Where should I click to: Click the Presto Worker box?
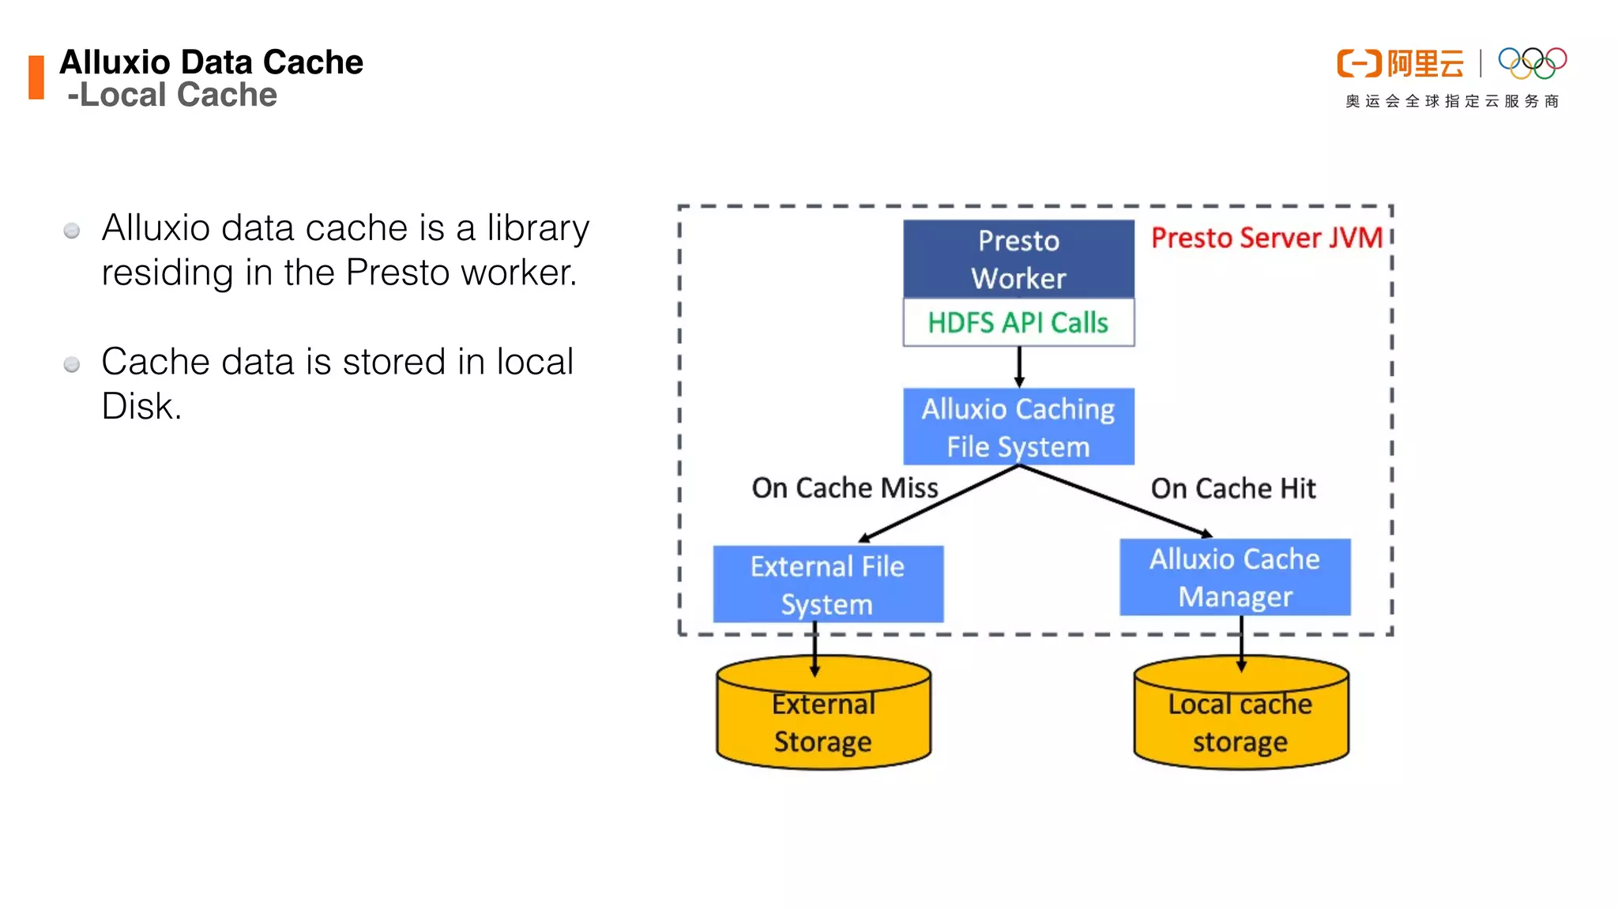click(1018, 259)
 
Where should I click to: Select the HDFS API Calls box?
click(1018, 322)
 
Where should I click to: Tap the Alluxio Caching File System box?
click(1018, 427)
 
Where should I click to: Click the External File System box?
click(827, 585)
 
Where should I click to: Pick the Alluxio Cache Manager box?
click(1235, 577)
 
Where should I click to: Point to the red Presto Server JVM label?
click(1266, 238)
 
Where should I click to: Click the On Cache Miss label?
click(845, 488)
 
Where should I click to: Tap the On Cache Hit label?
click(1233, 488)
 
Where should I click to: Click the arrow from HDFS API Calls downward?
click(1019, 367)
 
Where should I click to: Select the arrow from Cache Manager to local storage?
click(1241, 641)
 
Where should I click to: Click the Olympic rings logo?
click(1532, 63)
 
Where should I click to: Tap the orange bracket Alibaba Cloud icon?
click(1359, 63)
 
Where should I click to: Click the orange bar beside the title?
click(36, 77)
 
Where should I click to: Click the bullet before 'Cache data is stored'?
click(72, 364)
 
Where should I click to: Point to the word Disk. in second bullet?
click(141, 406)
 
